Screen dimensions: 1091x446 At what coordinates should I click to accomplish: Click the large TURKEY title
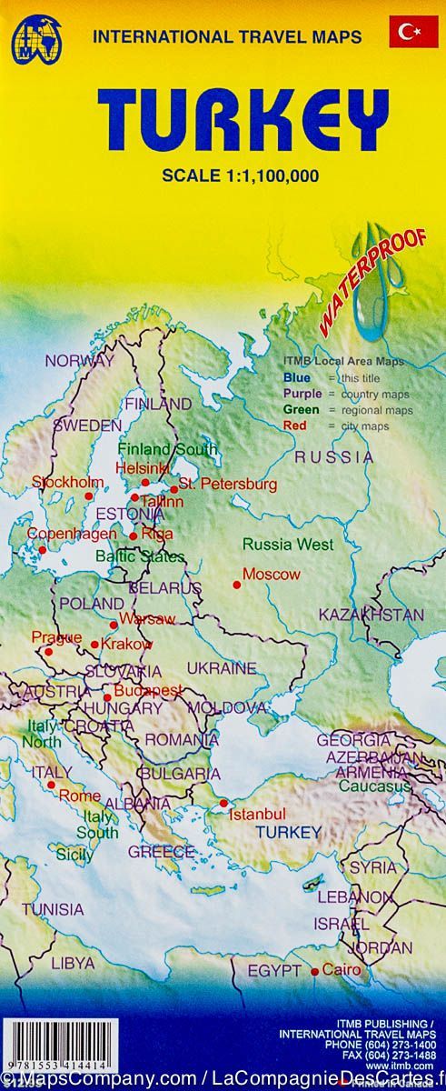(x=243, y=118)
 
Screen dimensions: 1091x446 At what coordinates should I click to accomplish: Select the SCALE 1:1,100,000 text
(x=240, y=176)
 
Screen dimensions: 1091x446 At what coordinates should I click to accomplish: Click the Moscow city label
(x=271, y=575)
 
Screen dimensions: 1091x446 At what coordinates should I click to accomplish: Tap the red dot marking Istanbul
(x=223, y=803)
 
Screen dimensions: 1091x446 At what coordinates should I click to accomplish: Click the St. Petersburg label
(x=228, y=485)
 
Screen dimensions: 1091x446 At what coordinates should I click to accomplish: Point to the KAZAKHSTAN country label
(x=372, y=615)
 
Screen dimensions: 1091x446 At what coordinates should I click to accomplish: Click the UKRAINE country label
(x=221, y=668)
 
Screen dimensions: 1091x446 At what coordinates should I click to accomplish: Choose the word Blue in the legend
(x=295, y=377)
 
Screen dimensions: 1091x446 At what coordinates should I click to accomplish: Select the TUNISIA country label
(x=53, y=909)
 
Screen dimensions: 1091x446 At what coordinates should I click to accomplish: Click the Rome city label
(x=79, y=796)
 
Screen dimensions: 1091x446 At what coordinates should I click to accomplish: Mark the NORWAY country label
(x=80, y=360)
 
